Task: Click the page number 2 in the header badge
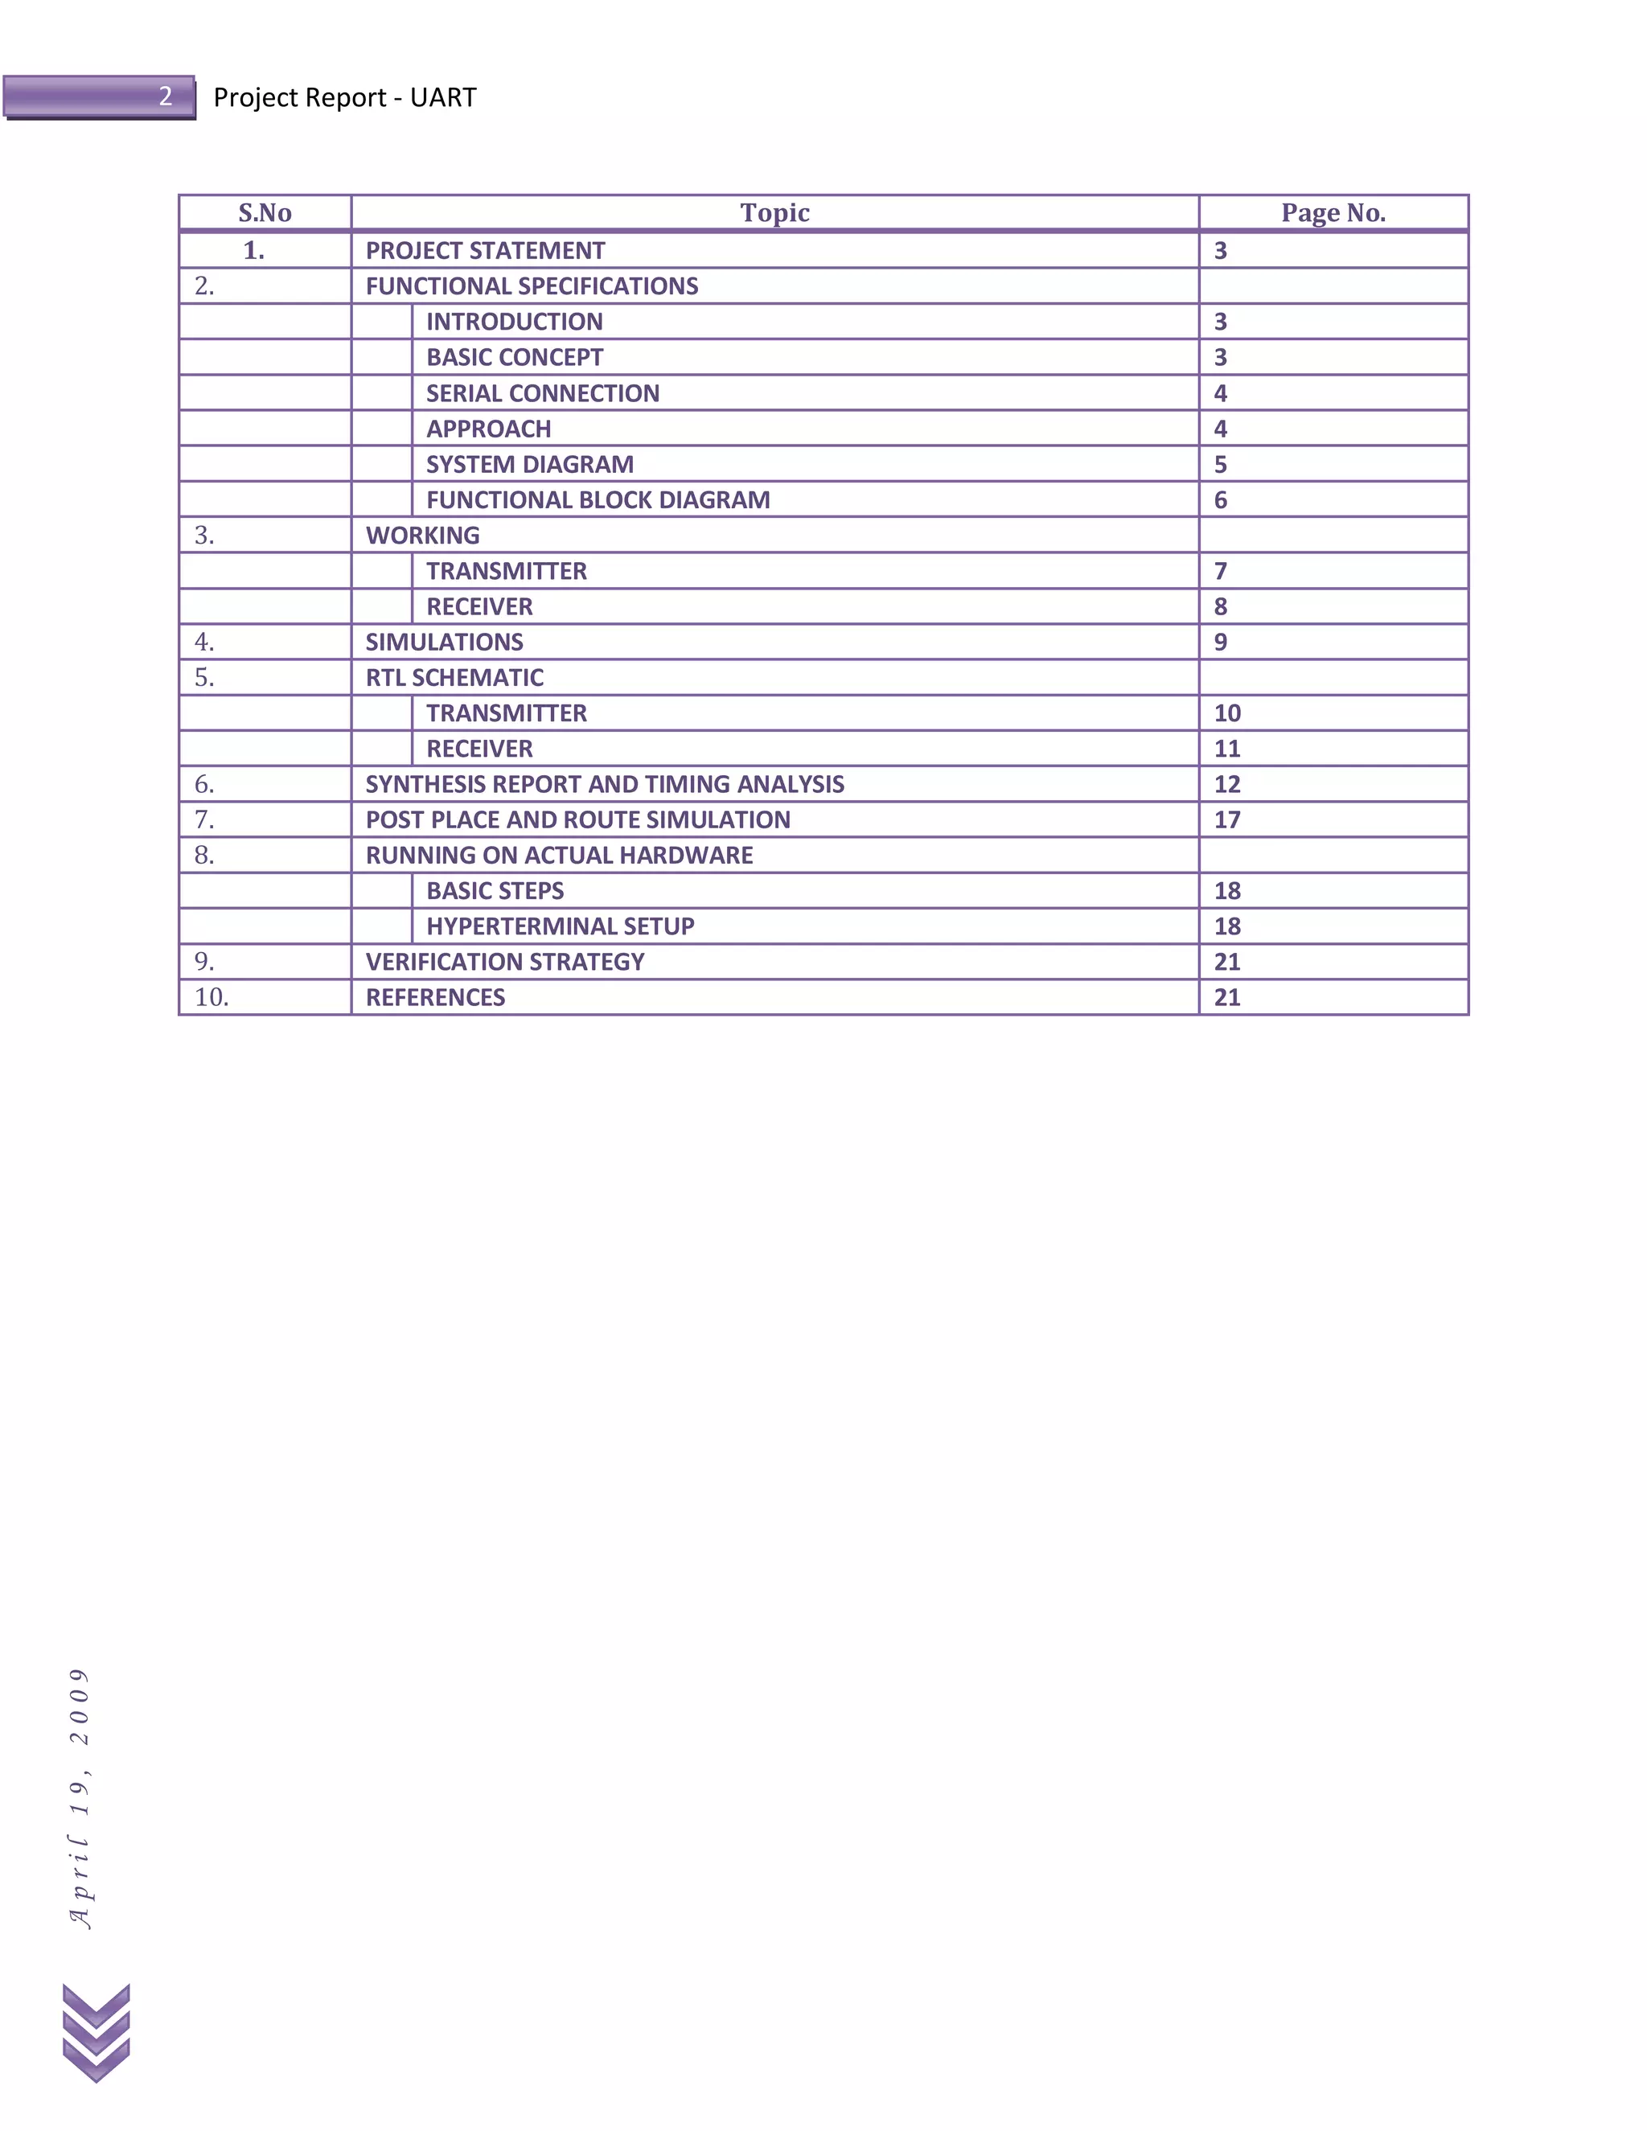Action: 166,96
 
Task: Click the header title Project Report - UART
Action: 344,97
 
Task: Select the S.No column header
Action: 265,213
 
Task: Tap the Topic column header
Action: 774,213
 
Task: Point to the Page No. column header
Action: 1333,213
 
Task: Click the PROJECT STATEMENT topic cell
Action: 485,251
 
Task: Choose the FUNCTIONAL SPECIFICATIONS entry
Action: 532,286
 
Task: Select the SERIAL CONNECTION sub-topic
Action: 543,393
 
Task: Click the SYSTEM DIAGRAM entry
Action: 530,465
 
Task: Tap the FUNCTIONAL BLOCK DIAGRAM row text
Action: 598,499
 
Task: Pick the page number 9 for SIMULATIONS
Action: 1221,642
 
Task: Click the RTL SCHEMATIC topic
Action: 454,677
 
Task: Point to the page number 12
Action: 1226,785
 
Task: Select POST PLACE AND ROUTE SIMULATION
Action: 577,819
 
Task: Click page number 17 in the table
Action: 1226,819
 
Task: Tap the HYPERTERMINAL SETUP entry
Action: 560,926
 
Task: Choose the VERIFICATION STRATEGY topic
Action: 504,962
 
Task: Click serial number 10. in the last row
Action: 212,997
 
